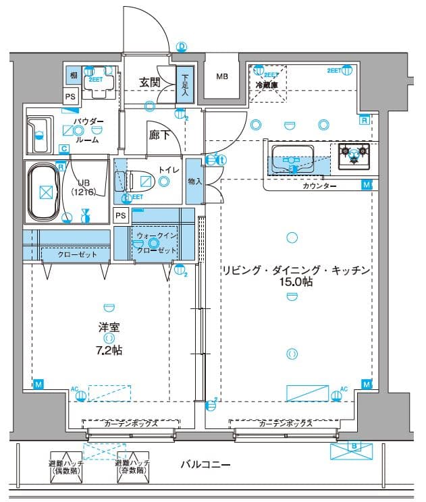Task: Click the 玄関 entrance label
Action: pyautogui.click(x=149, y=83)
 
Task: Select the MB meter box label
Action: pyautogui.click(x=222, y=76)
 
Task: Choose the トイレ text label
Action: pyautogui.click(x=169, y=169)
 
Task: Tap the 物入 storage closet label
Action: pyautogui.click(x=194, y=182)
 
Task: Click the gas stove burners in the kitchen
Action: pyautogui.click(x=354, y=155)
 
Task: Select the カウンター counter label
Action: pyautogui.click(x=320, y=186)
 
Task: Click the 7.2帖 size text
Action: pyautogui.click(x=109, y=350)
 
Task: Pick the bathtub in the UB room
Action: pyautogui.click(x=45, y=191)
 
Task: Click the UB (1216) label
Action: pyautogui.click(x=85, y=187)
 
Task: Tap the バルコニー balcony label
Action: pyautogui.click(x=206, y=465)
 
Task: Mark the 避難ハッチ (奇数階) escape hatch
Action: pyautogui.click(x=131, y=467)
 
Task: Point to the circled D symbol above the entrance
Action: pyautogui.click(x=181, y=47)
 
